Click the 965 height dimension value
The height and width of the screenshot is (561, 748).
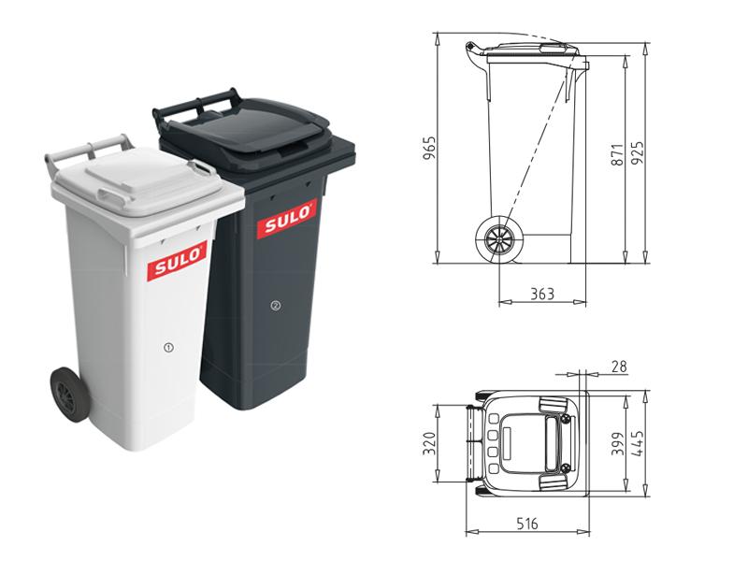pyautogui.click(x=430, y=148)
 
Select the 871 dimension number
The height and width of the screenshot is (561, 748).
pyautogui.click(x=617, y=154)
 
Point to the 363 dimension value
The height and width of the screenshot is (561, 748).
pyautogui.click(x=543, y=294)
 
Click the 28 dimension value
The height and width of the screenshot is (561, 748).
pyautogui.click(x=619, y=367)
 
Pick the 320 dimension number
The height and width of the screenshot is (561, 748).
pyautogui.click(x=430, y=443)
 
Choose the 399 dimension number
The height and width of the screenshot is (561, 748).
pyautogui.click(x=617, y=443)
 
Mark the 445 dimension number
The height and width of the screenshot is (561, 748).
pyautogui.click(x=638, y=443)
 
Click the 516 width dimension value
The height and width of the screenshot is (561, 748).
pyautogui.click(x=527, y=524)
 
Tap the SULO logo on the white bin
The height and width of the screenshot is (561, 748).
pyautogui.click(x=178, y=262)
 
